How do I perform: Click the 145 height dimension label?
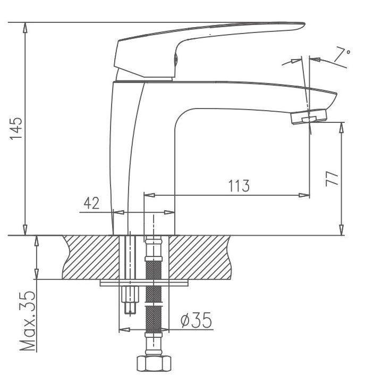(16, 128)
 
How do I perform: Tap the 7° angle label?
(342, 55)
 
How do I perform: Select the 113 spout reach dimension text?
(239, 186)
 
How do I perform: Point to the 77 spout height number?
(332, 179)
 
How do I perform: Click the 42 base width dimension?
(92, 203)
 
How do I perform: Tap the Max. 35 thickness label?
(28, 321)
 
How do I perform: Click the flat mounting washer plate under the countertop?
(144, 283)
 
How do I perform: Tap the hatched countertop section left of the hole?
(90, 257)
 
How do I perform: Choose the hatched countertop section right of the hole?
(200, 257)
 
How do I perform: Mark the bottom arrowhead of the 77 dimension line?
(342, 230)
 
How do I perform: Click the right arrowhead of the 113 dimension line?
(304, 195)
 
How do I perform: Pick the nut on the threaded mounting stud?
(130, 294)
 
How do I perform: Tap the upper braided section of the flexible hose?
(154, 270)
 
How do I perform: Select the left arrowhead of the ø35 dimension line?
(124, 330)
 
